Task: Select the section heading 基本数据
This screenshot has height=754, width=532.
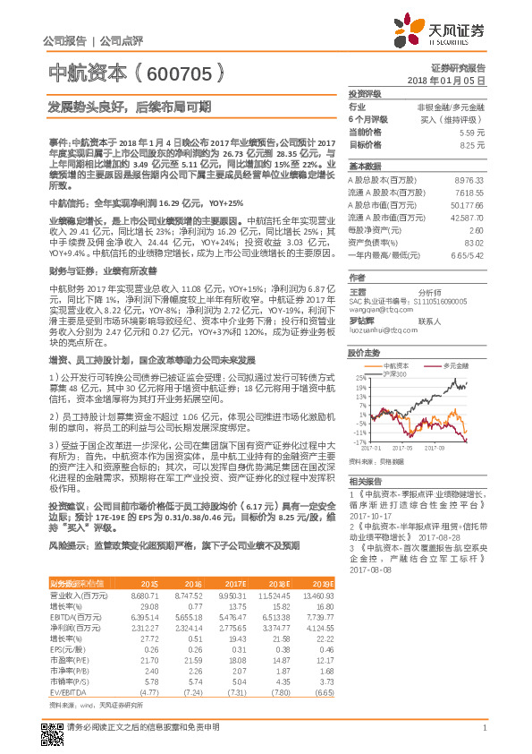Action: point(364,167)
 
